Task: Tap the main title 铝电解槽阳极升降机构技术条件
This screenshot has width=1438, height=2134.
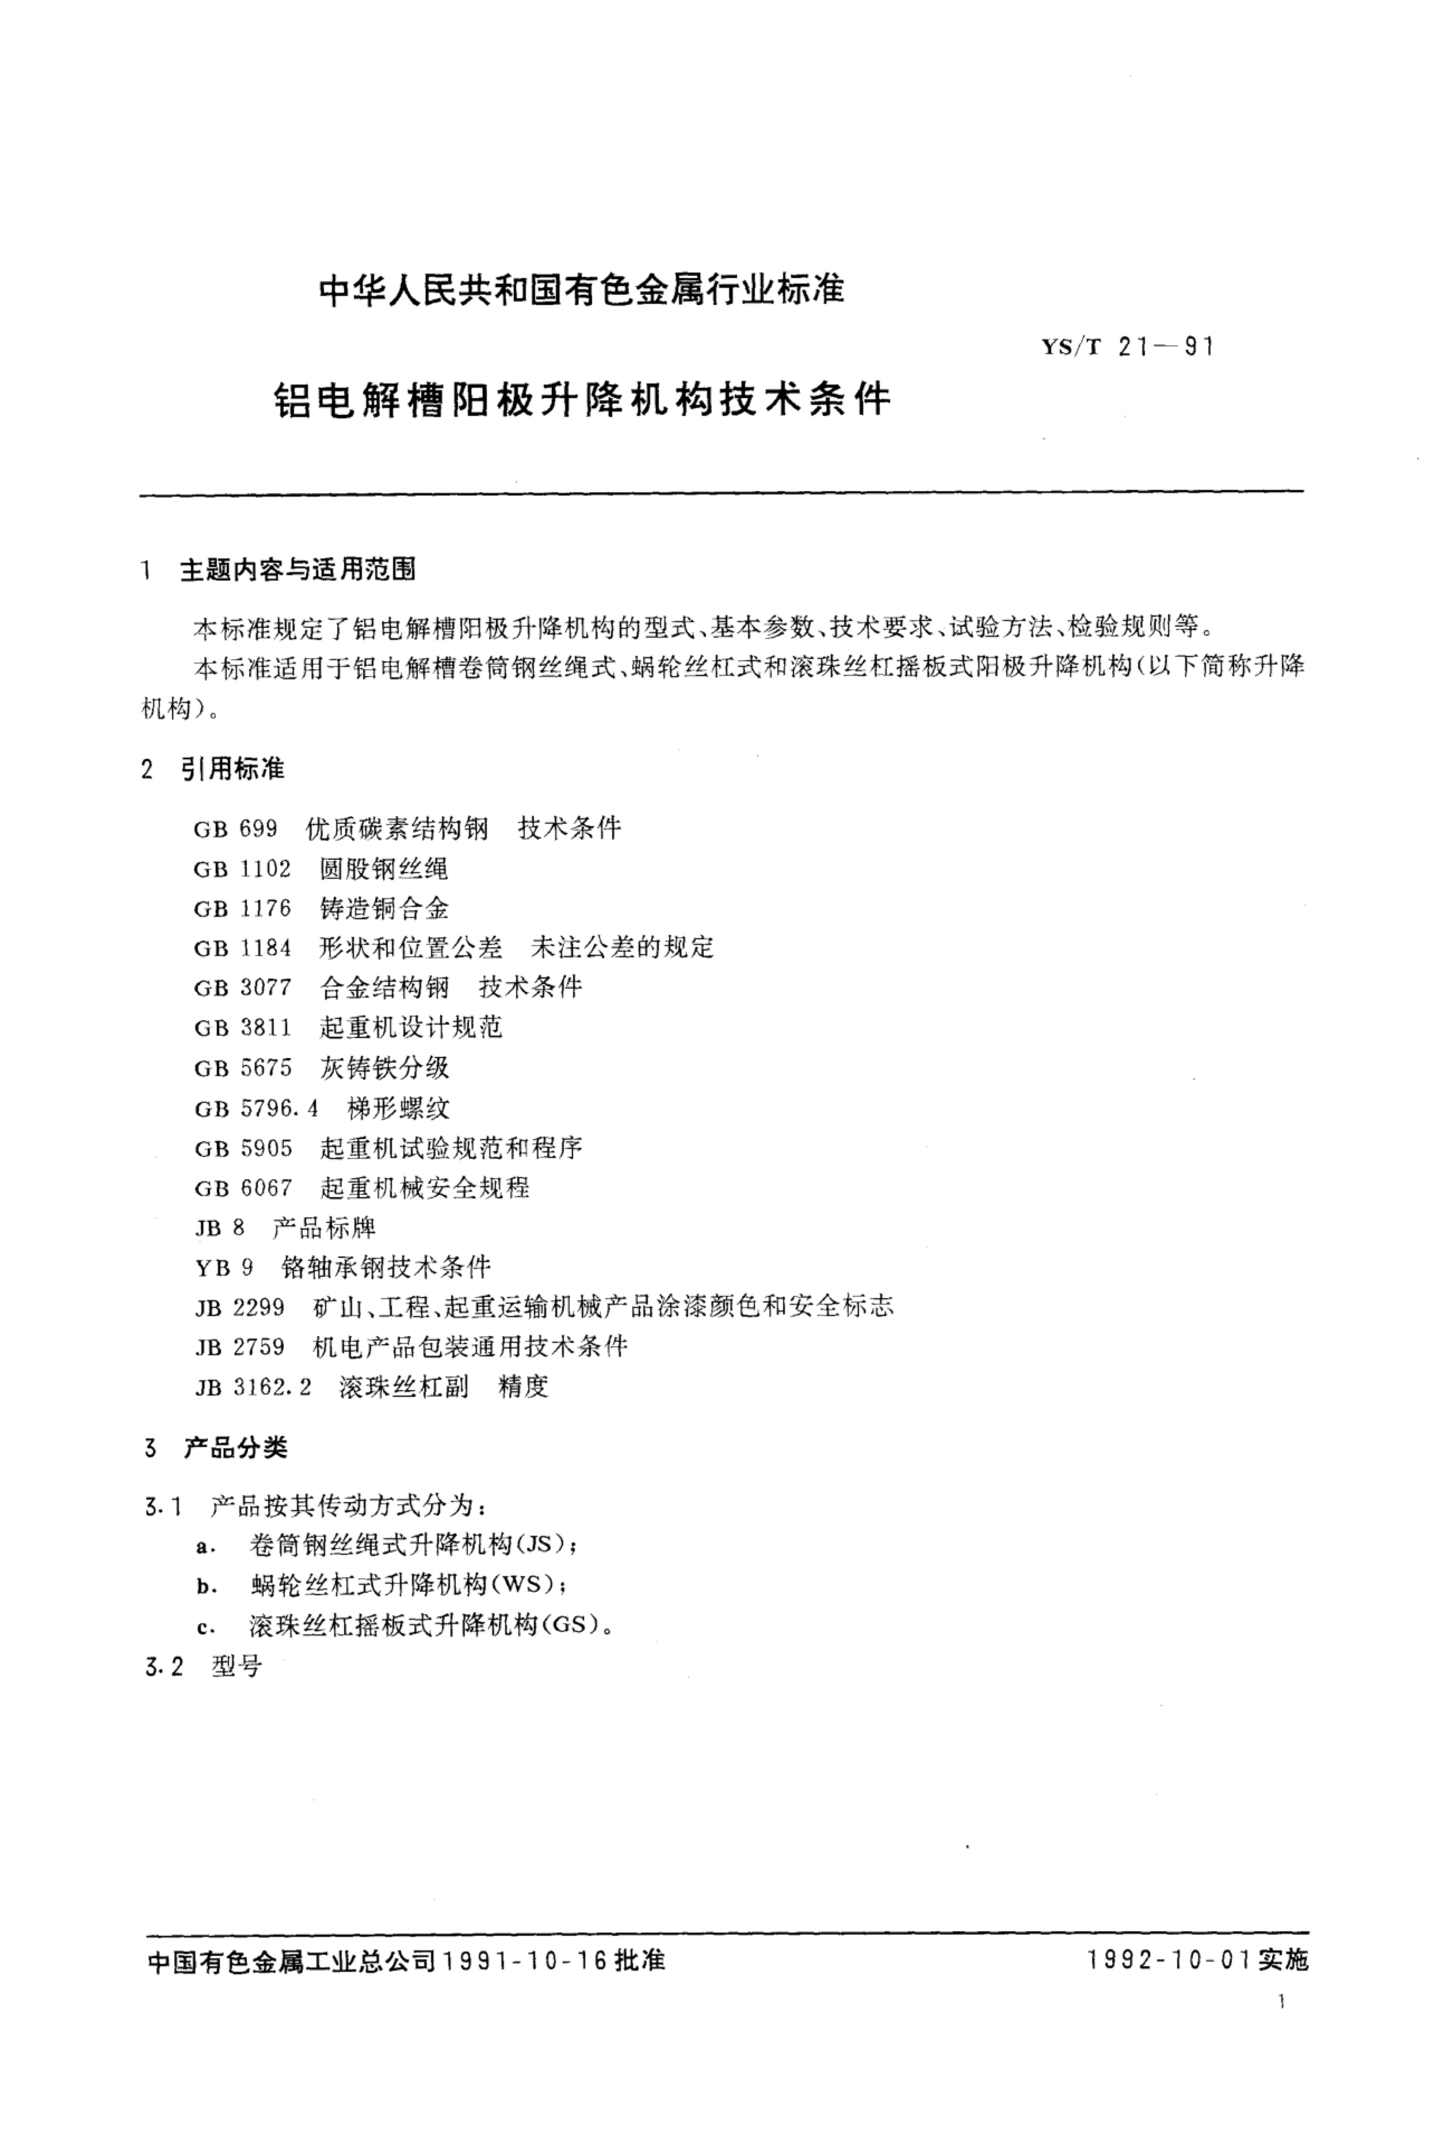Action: pyautogui.click(x=582, y=400)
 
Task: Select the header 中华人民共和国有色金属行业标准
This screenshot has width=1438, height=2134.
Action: pyautogui.click(x=581, y=290)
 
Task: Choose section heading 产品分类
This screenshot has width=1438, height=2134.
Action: pyautogui.click(x=236, y=1448)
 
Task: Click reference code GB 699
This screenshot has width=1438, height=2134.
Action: pyautogui.click(x=235, y=829)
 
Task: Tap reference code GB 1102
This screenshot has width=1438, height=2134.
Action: pyautogui.click(x=242, y=869)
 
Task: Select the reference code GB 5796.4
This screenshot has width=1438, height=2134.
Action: pyautogui.click(x=256, y=1108)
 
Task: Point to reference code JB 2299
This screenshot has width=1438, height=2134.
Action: pyautogui.click(x=239, y=1306)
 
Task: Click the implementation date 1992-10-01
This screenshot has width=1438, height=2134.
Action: pyautogui.click(x=1169, y=1961)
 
